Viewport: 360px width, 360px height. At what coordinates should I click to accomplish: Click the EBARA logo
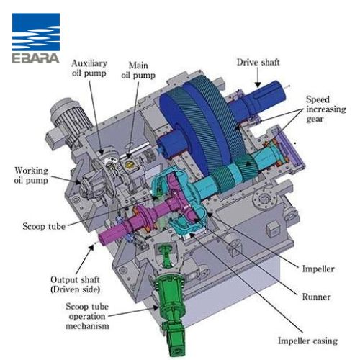click(x=36, y=38)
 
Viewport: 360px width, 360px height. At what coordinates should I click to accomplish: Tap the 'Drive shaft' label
click(x=258, y=63)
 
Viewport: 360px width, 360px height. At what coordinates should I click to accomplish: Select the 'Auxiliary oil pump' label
click(x=89, y=68)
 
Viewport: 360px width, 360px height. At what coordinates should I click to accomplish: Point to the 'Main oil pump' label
click(x=138, y=70)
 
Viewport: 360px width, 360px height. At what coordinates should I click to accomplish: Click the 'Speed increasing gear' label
click(x=325, y=109)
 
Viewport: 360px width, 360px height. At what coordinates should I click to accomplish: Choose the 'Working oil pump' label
click(x=31, y=176)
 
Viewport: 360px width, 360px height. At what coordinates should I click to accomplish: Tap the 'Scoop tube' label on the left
click(x=44, y=226)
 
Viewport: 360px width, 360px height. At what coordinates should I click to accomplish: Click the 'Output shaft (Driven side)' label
click(x=75, y=284)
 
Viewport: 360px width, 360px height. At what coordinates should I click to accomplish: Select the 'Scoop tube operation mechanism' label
click(x=87, y=316)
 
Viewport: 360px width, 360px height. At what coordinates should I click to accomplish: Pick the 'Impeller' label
click(x=318, y=269)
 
